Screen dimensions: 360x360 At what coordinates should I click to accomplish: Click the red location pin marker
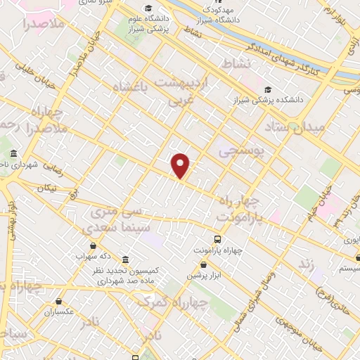(x=181, y=165)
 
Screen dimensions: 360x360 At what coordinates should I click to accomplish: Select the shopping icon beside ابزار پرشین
(x=204, y=264)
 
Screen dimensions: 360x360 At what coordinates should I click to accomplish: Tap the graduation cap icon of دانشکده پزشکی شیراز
(x=269, y=89)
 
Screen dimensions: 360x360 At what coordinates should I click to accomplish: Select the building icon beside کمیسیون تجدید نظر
(x=126, y=259)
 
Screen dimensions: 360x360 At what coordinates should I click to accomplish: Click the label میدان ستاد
(x=293, y=127)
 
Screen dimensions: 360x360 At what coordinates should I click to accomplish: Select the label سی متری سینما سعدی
(x=112, y=220)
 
